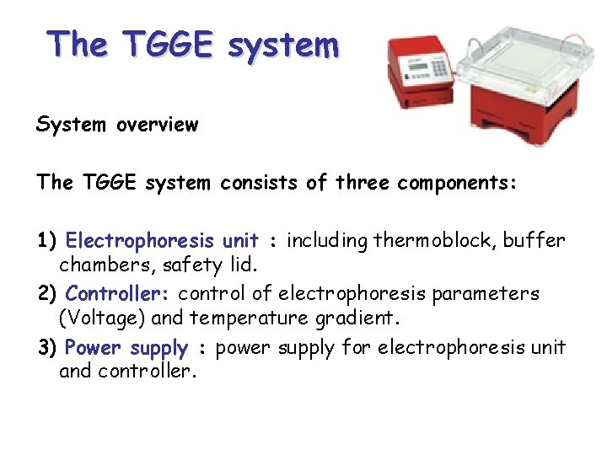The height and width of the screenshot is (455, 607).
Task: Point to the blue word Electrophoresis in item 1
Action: (134, 241)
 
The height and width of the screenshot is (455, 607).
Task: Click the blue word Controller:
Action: (118, 294)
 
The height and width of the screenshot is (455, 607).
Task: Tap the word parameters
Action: (497, 294)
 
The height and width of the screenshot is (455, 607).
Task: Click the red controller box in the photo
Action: (419, 84)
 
